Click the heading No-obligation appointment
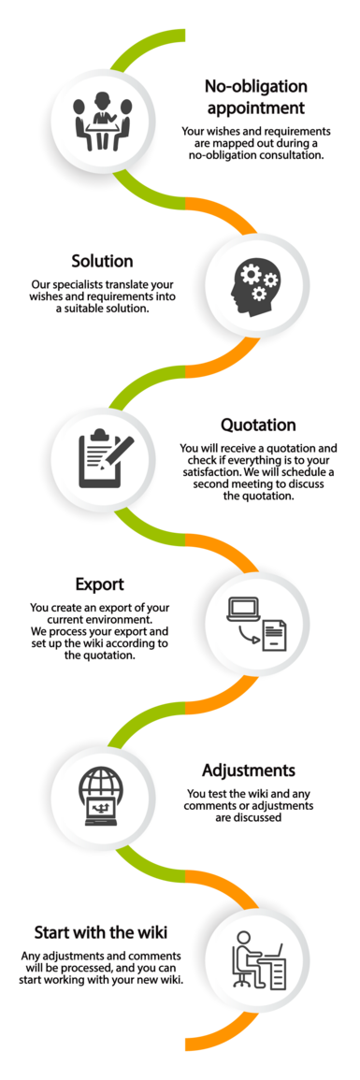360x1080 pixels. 256,97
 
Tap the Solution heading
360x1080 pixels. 102,262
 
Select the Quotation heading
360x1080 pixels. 258,425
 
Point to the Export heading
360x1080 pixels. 100,584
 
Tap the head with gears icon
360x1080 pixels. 257,283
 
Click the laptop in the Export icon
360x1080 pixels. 241,611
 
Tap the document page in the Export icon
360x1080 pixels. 274,634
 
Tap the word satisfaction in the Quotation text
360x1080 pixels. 212,472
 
